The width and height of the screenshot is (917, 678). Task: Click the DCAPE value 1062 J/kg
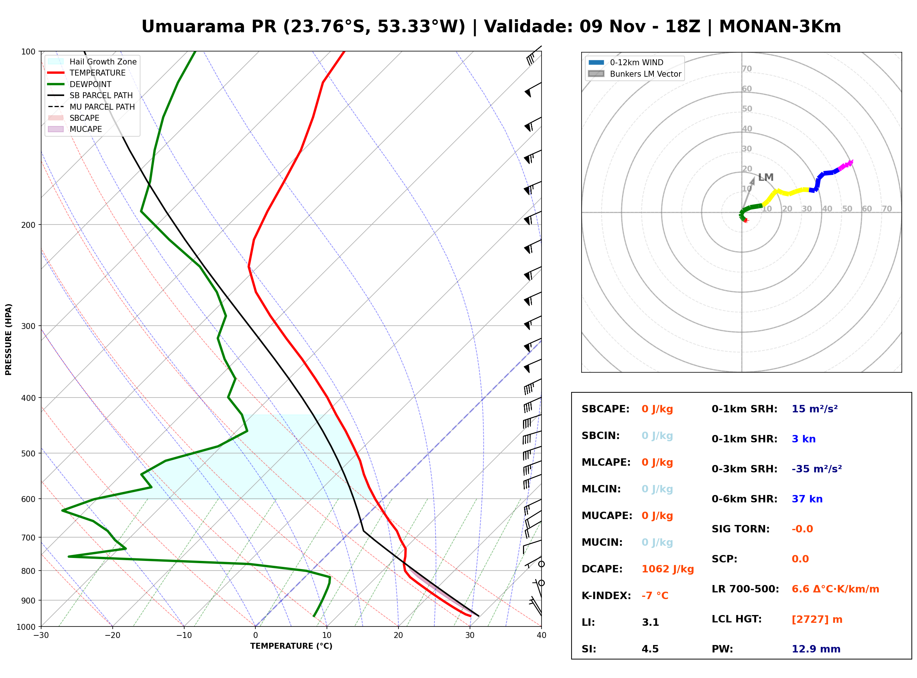668,569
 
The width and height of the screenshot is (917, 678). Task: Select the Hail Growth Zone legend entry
92,62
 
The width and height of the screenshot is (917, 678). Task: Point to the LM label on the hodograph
765,177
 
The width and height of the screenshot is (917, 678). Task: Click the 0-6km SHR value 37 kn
807,499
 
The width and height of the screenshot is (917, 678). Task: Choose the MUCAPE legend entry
75,129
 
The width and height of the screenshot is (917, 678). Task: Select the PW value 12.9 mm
816,649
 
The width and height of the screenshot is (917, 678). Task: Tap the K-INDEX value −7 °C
655,596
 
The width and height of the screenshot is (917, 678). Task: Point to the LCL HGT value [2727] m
817,619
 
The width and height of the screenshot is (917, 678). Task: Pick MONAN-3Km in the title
780,27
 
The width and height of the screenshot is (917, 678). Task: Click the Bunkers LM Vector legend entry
635,74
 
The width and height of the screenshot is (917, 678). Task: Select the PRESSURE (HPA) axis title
9,339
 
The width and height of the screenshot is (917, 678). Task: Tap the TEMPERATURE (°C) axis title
291,646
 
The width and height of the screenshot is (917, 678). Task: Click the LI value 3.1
650,622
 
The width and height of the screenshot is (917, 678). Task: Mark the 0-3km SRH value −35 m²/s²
817,469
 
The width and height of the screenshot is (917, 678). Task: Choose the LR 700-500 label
745,589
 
